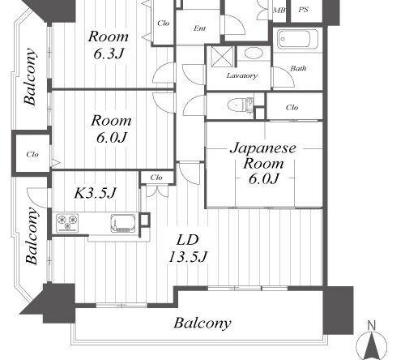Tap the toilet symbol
[x=241, y=105]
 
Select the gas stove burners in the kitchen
[x=67, y=223]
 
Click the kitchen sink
[x=123, y=223]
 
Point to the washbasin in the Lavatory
[x=254, y=53]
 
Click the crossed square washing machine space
[x=222, y=56]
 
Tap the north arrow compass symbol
[x=372, y=341]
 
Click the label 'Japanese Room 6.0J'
[x=263, y=163]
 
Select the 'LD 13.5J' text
[x=188, y=248]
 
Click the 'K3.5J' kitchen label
[x=96, y=192]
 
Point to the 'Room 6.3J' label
[x=109, y=45]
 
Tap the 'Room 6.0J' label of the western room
[x=111, y=128]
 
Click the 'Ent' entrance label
[x=200, y=28]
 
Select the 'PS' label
[x=303, y=10]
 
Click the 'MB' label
[x=279, y=11]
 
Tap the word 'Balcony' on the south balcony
[x=202, y=324]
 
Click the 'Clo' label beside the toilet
[x=292, y=107]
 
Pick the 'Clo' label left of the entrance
[x=164, y=23]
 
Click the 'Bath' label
[x=298, y=68]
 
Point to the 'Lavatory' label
[x=242, y=75]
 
